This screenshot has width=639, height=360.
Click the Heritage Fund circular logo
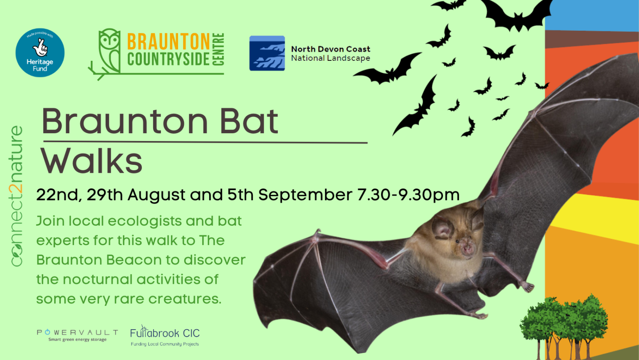[x=40, y=52]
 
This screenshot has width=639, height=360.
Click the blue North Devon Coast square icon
[x=267, y=53]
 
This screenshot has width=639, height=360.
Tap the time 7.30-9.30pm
[x=408, y=195]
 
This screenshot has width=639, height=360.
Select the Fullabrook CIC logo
[x=165, y=336]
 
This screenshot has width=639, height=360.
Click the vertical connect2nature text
[x=17, y=196]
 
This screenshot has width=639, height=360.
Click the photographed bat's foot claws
[x=528, y=287]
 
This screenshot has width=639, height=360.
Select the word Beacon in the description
[x=142, y=260]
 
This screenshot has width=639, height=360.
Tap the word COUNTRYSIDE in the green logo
[x=168, y=59]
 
